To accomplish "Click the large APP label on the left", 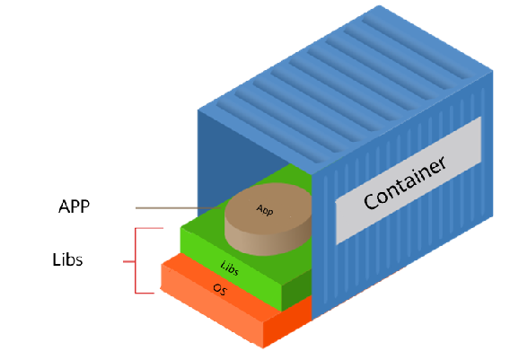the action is (75, 206).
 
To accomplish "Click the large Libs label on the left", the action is (67, 259).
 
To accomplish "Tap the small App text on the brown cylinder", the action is (265, 210).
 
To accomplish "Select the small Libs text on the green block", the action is (230, 268).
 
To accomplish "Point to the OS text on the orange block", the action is (220, 289).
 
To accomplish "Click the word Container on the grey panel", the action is (405, 183).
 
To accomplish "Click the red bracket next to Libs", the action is (135, 261).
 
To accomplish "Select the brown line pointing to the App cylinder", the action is (179, 207).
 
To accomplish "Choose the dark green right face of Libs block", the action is (296, 289).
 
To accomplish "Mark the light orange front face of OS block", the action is (211, 307).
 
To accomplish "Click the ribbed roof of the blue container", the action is (345, 88).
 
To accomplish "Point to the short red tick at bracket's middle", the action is (128, 261).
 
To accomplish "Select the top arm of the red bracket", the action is (149, 228).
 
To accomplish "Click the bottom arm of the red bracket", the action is (145, 293).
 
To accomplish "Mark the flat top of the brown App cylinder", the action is (268, 208).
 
